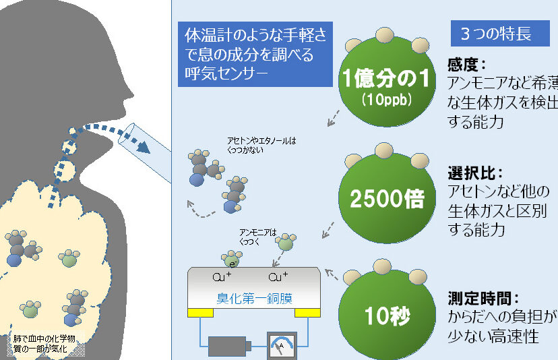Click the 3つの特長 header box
pos(496,34)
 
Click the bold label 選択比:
pos(476,173)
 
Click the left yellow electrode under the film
pos(200,312)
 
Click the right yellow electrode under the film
pos(307,312)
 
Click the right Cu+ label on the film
pos(278,278)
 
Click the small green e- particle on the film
pos(231,260)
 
